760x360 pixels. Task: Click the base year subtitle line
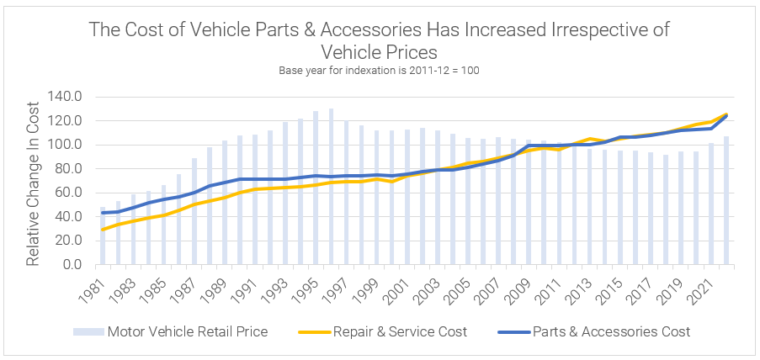379,69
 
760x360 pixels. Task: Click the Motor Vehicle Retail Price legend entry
186,331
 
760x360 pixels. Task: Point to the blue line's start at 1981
103,213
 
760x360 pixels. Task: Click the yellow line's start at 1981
103,230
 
